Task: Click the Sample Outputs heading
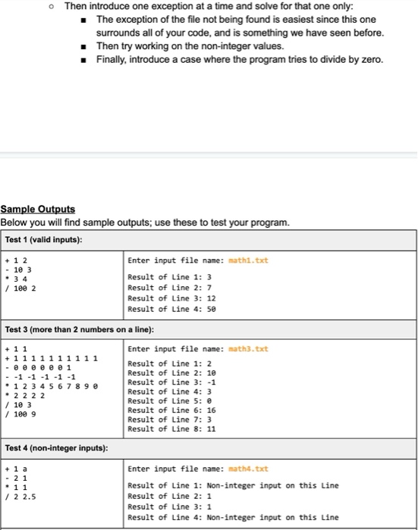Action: [x=38, y=208]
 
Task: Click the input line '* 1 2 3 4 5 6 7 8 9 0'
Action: [x=51, y=386]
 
